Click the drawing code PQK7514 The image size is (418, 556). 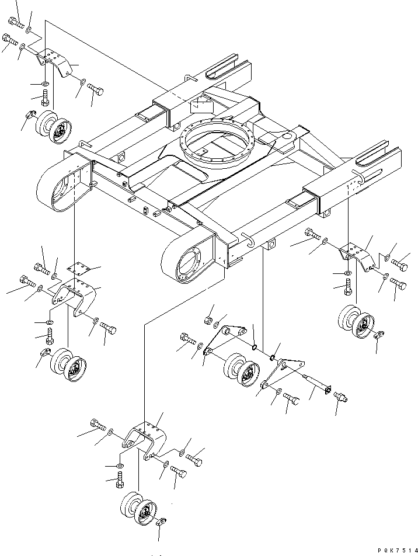point(397,550)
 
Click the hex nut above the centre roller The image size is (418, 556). point(208,321)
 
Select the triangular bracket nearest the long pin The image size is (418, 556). point(283,373)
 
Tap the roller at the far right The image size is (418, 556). point(356,323)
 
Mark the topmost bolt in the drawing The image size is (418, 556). point(15,22)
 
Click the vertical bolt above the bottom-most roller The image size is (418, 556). point(120,479)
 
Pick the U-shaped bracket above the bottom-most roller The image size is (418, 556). point(145,438)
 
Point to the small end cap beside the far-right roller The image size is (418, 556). point(379,334)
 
